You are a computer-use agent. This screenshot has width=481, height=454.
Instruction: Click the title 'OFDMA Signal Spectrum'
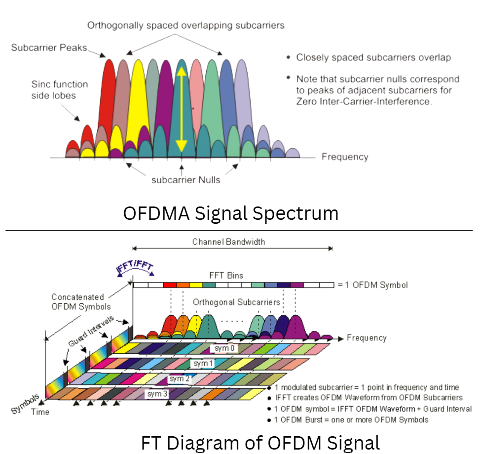[x=230, y=213]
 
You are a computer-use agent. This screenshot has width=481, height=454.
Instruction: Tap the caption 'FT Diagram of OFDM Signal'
[x=260, y=442]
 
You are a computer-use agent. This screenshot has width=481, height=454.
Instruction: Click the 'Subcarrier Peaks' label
[x=49, y=48]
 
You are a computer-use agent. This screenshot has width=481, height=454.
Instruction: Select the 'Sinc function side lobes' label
[x=53, y=89]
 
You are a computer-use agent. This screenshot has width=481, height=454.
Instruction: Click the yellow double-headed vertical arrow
[x=182, y=109]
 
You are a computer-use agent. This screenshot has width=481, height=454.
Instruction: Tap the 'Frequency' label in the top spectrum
[x=345, y=157]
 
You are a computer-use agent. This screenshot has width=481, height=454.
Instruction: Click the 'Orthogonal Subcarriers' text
[x=236, y=302]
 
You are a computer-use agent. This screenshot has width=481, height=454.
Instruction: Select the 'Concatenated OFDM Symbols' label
[x=77, y=301]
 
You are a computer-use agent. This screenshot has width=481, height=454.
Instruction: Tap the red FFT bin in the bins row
[x=169, y=285]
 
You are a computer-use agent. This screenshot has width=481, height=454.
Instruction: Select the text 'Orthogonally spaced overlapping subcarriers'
[x=186, y=25]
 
